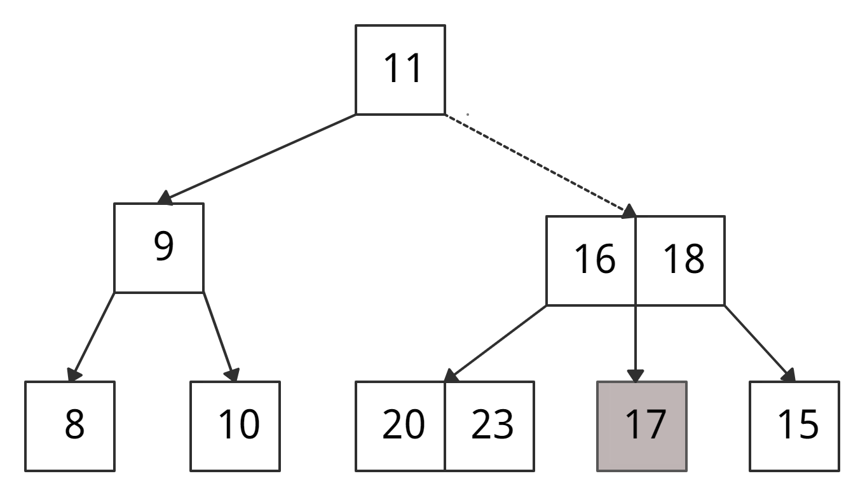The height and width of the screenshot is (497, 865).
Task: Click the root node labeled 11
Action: click(x=400, y=70)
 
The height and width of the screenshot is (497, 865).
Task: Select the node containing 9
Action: click(x=159, y=248)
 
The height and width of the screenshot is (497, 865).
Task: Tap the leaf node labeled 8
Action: click(x=70, y=426)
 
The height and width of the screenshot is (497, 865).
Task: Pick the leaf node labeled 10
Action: click(x=235, y=426)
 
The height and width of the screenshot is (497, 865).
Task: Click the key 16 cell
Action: click(x=591, y=261)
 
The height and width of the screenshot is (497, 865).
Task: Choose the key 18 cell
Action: click(x=681, y=261)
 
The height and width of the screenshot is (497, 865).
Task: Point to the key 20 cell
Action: click(x=400, y=426)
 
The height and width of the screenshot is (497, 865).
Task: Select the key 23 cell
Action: click(x=489, y=426)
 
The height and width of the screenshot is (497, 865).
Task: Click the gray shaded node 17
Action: click(x=642, y=426)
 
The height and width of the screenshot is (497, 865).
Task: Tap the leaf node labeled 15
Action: click(x=794, y=426)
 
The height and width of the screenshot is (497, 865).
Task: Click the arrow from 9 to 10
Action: click(x=219, y=337)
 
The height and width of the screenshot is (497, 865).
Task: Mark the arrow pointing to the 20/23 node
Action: click(x=496, y=344)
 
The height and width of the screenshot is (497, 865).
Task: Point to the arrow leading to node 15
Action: click(x=760, y=344)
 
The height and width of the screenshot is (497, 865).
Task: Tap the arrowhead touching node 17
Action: click(x=635, y=376)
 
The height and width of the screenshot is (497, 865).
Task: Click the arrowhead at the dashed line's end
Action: click(x=629, y=212)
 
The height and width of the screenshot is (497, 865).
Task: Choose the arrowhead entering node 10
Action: click(x=232, y=375)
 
